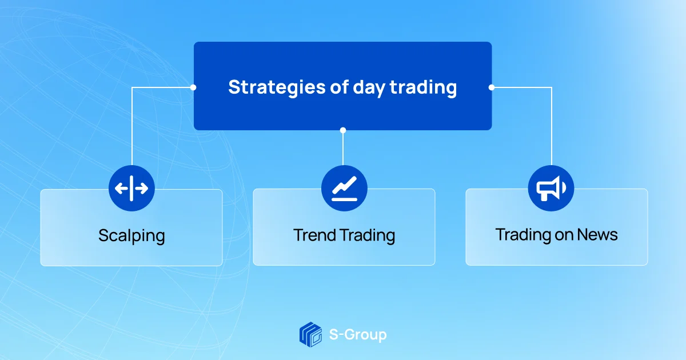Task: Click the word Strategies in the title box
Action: pos(277,88)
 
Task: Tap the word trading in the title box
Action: pos(423,88)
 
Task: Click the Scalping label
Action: pos(131,236)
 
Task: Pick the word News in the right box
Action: pos(597,235)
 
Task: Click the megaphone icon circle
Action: pos(551,188)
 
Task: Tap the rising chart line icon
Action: pos(344,188)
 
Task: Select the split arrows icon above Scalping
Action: pos(131,188)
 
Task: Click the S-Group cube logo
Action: pos(310,334)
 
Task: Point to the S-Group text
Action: pos(358,335)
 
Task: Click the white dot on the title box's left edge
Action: pos(193,87)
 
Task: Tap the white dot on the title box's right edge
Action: pos(492,87)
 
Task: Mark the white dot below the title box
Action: pos(343,130)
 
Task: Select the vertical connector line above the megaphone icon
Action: pos(552,126)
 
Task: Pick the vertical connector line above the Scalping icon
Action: pos(132,126)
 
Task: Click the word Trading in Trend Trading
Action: pos(368,235)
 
